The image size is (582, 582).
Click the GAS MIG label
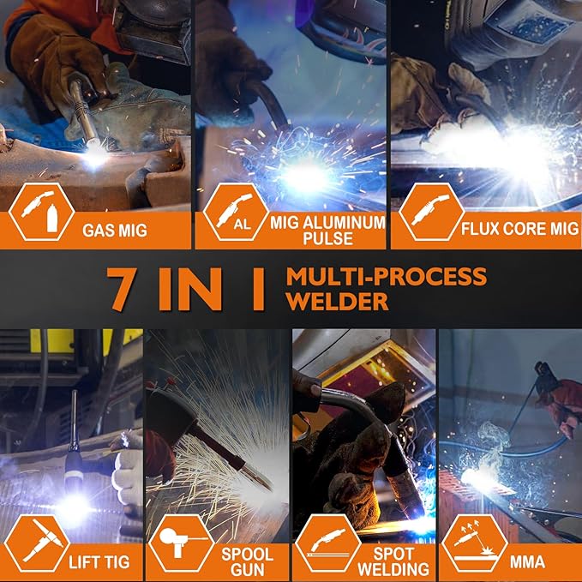115,230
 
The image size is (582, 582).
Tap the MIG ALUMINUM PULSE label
328,229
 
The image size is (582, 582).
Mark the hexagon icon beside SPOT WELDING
327,545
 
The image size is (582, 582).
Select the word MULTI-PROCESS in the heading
386,276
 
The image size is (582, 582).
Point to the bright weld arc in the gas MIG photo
93,155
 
